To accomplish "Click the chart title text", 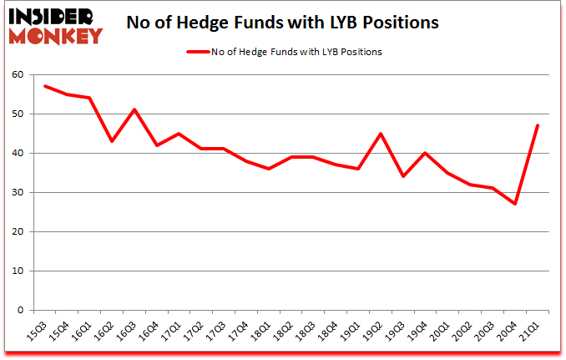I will tap(282, 23).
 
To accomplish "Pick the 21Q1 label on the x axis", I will tap(532, 328).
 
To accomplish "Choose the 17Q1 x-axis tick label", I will tap(173, 328).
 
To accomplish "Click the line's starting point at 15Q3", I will tap(45, 86).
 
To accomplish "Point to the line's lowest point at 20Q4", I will tap(515, 204).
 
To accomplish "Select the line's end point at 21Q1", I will tap(538, 125).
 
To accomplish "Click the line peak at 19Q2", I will tap(381, 134).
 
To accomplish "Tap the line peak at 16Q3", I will tap(134, 109).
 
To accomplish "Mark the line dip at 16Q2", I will tap(112, 141).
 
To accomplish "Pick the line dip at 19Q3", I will tap(403, 176).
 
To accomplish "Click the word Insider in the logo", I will tap(52, 15).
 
